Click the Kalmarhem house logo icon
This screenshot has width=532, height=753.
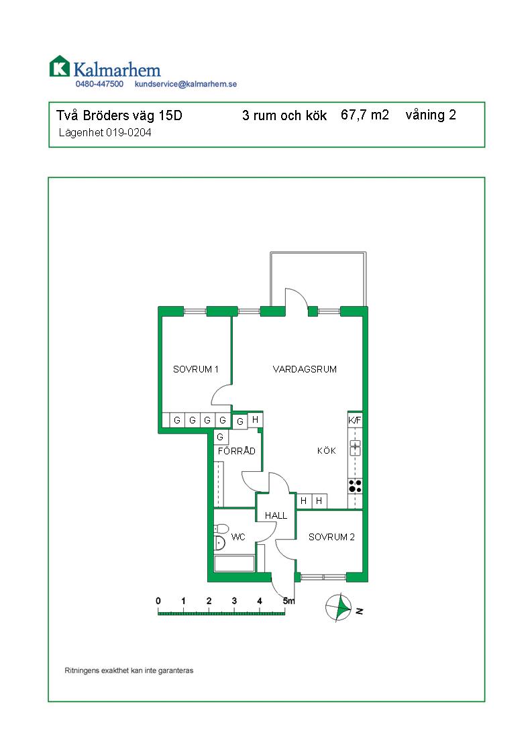(x=60, y=66)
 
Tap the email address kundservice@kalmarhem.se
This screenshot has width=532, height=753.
(x=186, y=84)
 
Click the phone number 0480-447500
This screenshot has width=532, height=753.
(x=99, y=84)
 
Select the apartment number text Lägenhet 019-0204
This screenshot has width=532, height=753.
(x=105, y=132)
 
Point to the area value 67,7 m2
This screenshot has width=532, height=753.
(x=365, y=115)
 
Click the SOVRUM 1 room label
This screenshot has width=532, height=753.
(x=196, y=369)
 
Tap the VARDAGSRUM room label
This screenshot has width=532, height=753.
(x=305, y=369)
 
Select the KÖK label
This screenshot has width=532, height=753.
(x=327, y=450)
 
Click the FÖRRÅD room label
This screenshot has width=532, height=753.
(x=236, y=451)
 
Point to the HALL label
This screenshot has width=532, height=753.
(x=276, y=516)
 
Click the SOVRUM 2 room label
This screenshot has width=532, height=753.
(x=331, y=538)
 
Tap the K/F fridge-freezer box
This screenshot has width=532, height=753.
(x=355, y=420)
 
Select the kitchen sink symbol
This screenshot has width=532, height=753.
(x=356, y=448)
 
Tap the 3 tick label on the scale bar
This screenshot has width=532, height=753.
(x=234, y=601)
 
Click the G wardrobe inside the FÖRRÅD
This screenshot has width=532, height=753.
(x=221, y=437)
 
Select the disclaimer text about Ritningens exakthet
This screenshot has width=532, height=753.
(x=129, y=670)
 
